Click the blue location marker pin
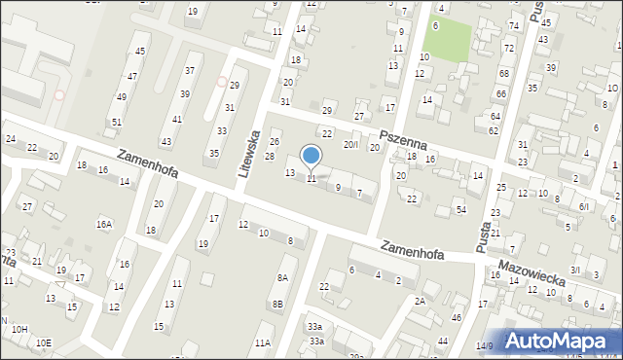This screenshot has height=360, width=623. coord(311,156)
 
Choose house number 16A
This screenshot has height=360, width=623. coord(104,224)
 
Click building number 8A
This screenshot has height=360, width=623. coord(282,277)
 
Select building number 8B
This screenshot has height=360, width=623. coord(277,305)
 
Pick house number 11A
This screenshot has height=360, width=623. coord(263,342)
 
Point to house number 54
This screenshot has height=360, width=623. coord(461,210)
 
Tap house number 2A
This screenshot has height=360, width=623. coord(420,302)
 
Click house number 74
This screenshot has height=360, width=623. coord(513,25)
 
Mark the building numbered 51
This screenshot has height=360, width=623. coord(116,122)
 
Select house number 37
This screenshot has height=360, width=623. coord(189,70)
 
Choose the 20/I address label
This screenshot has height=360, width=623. coord(351,144)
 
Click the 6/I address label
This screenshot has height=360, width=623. coord(584,206)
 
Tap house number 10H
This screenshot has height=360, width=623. coord(19,329)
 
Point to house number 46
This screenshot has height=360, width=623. coord(456,318)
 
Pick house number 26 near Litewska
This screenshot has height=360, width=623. coord(275,143)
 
